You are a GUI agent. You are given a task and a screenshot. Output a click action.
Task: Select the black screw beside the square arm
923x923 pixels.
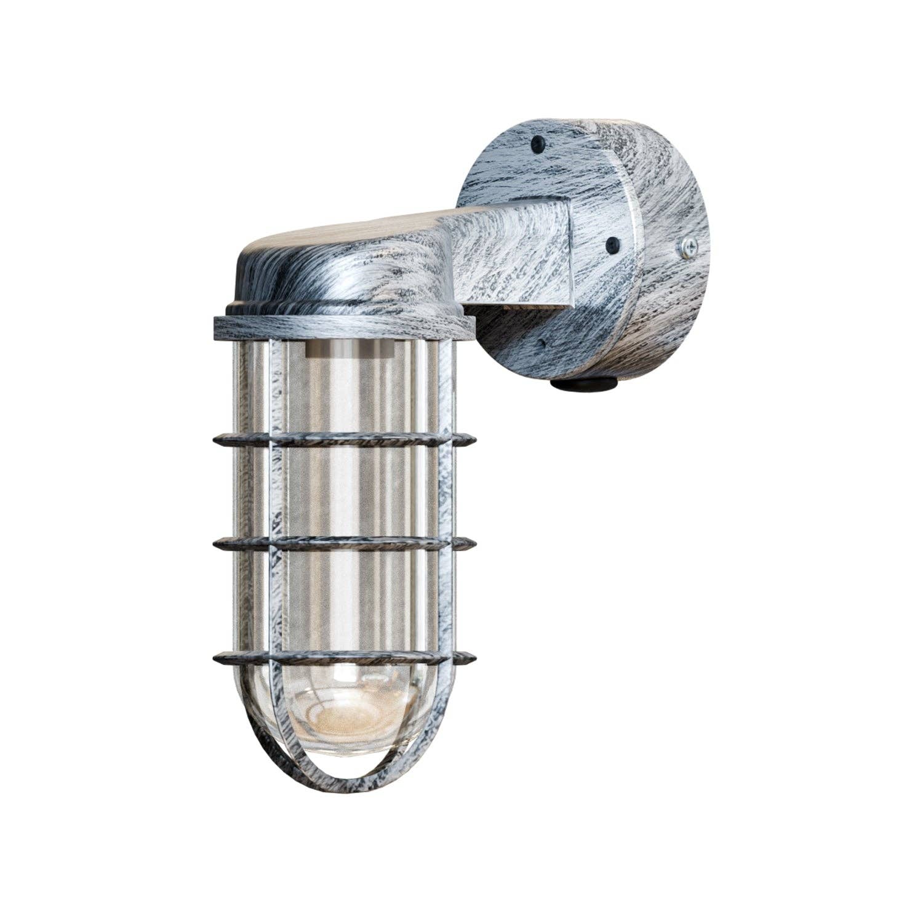point(613,244)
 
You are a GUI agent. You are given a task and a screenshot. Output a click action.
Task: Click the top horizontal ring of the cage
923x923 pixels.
point(345,440)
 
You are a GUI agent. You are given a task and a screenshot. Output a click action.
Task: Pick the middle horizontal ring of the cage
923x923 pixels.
point(345,543)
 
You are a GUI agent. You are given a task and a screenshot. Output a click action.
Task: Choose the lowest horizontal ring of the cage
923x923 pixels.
point(345,657)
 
